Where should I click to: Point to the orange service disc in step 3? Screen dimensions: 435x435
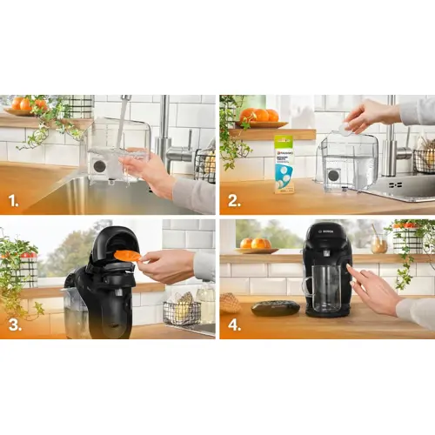pos(127,255)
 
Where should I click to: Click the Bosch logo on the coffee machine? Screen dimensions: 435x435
pos(317,231)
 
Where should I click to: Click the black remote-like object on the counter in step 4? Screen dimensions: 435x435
pos(276,307)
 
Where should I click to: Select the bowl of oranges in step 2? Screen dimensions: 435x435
pos(259,117)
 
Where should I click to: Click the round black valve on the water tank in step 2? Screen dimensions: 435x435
pos(332,174)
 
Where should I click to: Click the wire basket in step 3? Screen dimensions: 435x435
pos(181,311)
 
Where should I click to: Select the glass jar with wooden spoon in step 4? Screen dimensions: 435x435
pos(379,241)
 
